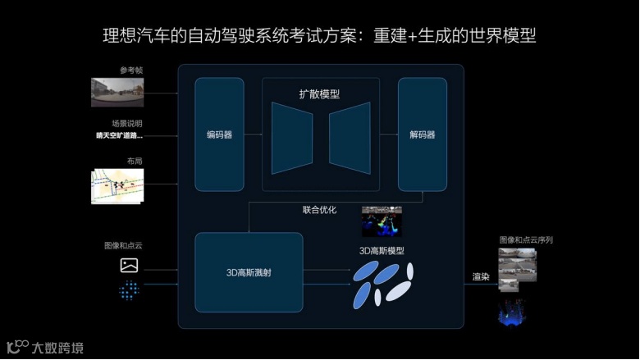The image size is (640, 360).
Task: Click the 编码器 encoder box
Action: (219, 134)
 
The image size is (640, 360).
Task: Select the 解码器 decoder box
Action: (422, 134)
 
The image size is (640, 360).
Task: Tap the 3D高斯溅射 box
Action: (249, 271)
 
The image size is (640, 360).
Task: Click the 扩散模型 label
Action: (320, 94)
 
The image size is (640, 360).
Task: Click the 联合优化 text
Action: (319, 210)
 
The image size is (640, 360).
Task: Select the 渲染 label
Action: (481, 277)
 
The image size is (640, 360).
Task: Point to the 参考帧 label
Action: (130, 71)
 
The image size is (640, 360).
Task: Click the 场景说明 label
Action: (127, 123)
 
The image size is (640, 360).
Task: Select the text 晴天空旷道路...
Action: (119, 135)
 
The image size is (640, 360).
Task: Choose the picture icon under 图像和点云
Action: (129, 265)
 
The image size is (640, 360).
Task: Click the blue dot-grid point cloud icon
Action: (129, 290)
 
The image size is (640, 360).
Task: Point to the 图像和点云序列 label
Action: (526, 240)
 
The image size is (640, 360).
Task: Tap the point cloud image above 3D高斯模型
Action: (382, 221)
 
